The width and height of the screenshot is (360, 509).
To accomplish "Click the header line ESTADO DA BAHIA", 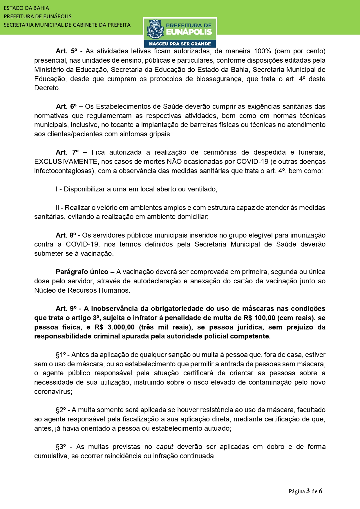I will [26, 8].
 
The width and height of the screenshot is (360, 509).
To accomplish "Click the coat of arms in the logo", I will [155, 29].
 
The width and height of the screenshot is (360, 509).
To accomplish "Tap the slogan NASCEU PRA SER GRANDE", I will [180, 44].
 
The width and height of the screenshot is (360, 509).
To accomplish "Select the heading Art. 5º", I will [66, 51].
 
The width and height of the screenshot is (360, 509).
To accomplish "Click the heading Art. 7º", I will [67, 152].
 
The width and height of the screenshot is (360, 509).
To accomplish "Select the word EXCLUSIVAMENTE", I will [66, 162].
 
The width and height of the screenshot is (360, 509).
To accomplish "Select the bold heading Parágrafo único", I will [82, 272].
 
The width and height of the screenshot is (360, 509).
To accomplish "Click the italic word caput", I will [165, 447].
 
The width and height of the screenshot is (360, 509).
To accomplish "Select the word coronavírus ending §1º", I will [53, 392].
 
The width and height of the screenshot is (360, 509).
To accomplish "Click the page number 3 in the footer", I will [308, 491].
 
